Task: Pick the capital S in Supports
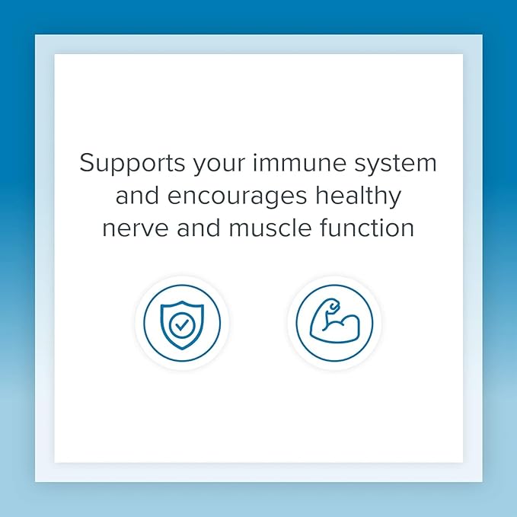pyautogui.click(x=87, y=164)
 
